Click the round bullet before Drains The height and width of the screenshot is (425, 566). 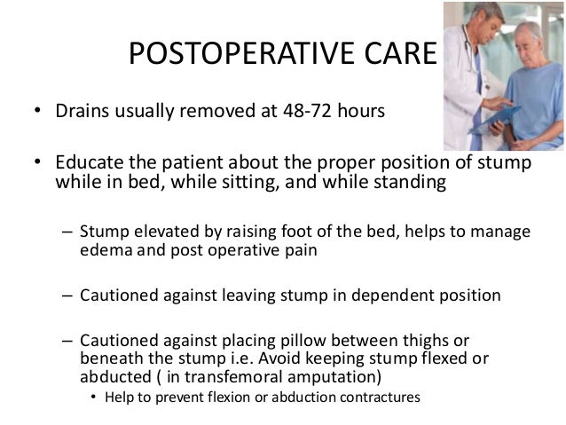click(37, 114)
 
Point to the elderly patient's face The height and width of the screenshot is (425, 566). click(534, 27)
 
